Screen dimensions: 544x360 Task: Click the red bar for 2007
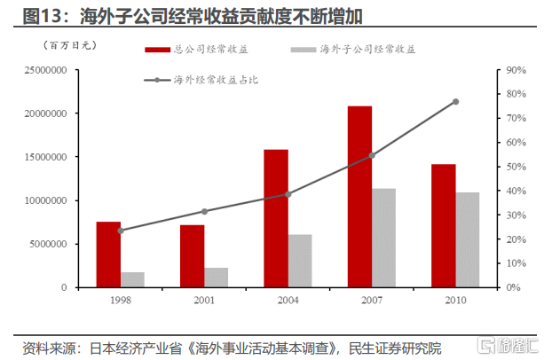pos(359,197)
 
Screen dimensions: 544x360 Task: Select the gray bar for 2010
pos(468,240)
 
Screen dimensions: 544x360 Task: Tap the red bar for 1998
pos(108,254)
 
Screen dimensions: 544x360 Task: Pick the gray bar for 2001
pos(217,278)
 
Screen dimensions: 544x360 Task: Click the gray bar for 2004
pos(300,262)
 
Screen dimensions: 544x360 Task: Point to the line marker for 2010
pos(455,101)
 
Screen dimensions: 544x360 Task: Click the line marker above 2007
pos(372,155)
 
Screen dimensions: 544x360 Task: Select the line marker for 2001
pos(204,211)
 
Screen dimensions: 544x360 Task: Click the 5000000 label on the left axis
pos(48,244)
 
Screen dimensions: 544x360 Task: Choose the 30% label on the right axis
pos(516,215)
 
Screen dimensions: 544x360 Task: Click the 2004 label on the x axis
pos(288,300)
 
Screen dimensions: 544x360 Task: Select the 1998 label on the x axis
pos(121,300)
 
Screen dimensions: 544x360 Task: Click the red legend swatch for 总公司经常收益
pos(157,50)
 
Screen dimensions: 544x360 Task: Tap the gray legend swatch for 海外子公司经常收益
pos(304,50)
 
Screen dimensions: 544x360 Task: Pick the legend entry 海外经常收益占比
pos(201,80)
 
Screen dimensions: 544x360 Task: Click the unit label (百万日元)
pos(70,45)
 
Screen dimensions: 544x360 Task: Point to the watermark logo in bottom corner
pos(508,345)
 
